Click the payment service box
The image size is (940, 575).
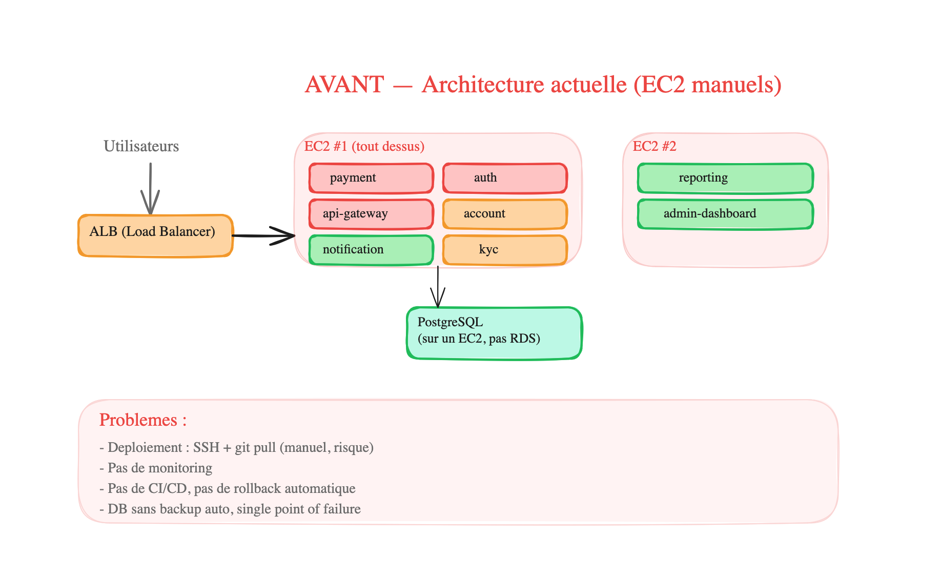click(x=371, y=178)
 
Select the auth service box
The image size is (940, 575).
click(x=505, y=178)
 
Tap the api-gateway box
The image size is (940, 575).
click(x=371, y=214)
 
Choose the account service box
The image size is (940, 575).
click(x=505, y=214)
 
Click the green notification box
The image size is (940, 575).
click(x=371, y=250)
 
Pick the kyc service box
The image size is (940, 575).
click(x=505, y=250)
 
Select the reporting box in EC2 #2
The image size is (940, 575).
click(x=725, y=178)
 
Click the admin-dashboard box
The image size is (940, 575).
click(x=725, y=214)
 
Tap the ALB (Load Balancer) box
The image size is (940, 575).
click(x=155, y=235)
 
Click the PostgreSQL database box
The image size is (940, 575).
click(x=494, y=333)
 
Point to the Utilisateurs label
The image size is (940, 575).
click(x=141, y=146)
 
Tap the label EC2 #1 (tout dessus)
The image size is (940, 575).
click(x=364, y=147)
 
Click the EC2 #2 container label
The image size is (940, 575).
click(x=654, y=147)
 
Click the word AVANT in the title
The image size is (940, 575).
click(x=344, y=85)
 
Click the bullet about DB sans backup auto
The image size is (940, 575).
click(x=230, y=509)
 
